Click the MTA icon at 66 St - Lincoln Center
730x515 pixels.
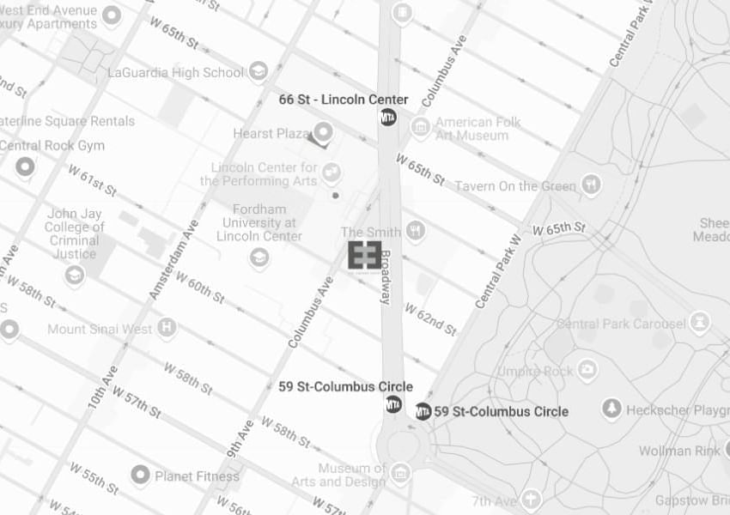coord(388,118)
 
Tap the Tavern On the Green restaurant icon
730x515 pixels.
coord(590,184)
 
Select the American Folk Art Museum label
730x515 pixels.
coord(478,129)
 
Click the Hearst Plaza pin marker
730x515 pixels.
coord(323,132)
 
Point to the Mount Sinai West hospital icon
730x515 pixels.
coord(167,327)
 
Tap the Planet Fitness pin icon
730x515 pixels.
coord(140,475)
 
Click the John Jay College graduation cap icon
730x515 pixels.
coord(75,275)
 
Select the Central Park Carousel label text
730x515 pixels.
coord(621,324)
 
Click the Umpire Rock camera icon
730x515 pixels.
coord(587,370)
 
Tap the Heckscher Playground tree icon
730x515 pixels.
coord(611,409)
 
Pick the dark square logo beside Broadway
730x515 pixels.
coord(364,255)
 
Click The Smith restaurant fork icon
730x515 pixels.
coord(416,230)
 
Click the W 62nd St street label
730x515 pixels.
coord(430,318)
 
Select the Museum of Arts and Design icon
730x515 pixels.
coord(400,472)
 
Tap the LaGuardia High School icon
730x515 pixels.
coord(258,72)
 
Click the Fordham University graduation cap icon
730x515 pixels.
coord(259,257)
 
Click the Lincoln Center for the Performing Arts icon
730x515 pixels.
coord(332,173)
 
